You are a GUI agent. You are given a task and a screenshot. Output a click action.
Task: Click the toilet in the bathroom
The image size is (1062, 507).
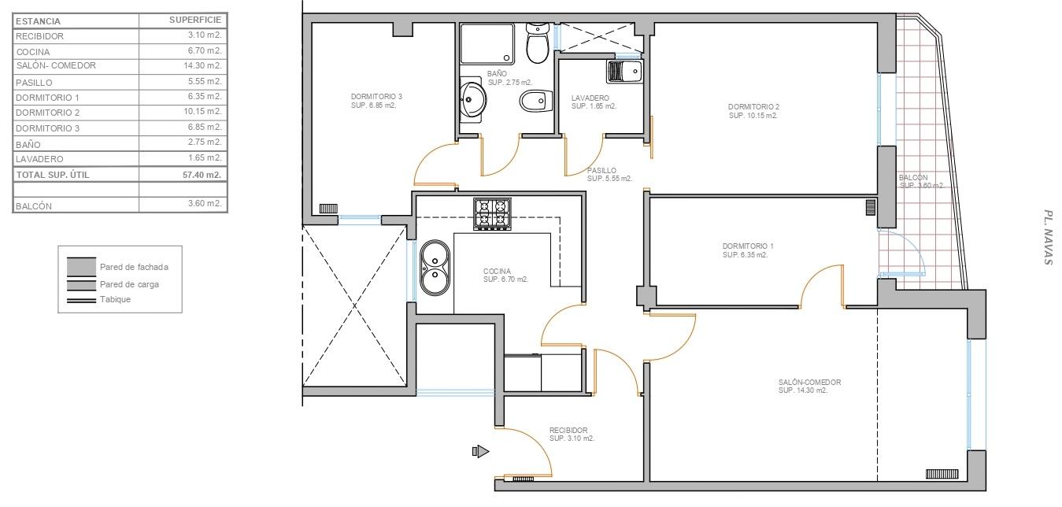[x=538, y=43]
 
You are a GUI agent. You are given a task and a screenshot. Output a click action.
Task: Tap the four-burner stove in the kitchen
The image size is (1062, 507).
[x=492, y=214]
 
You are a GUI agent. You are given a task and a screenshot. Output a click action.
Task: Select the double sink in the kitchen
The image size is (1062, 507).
[x=435, y=267]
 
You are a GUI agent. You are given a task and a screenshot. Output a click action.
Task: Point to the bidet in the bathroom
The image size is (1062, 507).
[x=536, y=101]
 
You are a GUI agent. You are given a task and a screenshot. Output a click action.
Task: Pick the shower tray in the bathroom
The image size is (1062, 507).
[x=487, y=43]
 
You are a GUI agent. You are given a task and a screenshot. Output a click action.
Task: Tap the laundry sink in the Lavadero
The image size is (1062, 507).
[x=625, y=72]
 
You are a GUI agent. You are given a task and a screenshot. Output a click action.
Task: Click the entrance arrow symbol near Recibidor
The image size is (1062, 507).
[x=480, y=451]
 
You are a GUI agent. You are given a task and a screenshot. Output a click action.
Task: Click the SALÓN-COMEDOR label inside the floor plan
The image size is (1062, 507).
[x=810, y=382]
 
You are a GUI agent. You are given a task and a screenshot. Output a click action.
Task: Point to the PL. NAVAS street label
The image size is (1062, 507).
[x=1049, y=238]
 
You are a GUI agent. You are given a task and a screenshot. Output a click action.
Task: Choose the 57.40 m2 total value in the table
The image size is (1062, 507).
[x=202, y=175]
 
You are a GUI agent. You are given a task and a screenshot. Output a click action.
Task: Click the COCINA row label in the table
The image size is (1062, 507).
[x=33, y=52]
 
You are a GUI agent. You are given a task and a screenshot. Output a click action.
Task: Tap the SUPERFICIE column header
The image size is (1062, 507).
[x=195, y=20]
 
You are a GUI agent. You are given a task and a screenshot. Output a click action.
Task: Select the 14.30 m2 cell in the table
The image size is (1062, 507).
[x=203, y=65]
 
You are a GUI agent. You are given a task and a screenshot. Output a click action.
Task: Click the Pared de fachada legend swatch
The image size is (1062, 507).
[x=81, y=267]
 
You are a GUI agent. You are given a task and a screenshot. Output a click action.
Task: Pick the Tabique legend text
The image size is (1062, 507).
[x=115, y=299]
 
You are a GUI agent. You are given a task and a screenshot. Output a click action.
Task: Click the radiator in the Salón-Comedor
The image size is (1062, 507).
[x=942, y=474]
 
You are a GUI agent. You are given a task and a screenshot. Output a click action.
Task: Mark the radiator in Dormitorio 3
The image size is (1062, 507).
[x=328, y=208]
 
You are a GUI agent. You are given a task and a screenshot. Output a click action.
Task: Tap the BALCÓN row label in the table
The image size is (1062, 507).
[x=34, y=206]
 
